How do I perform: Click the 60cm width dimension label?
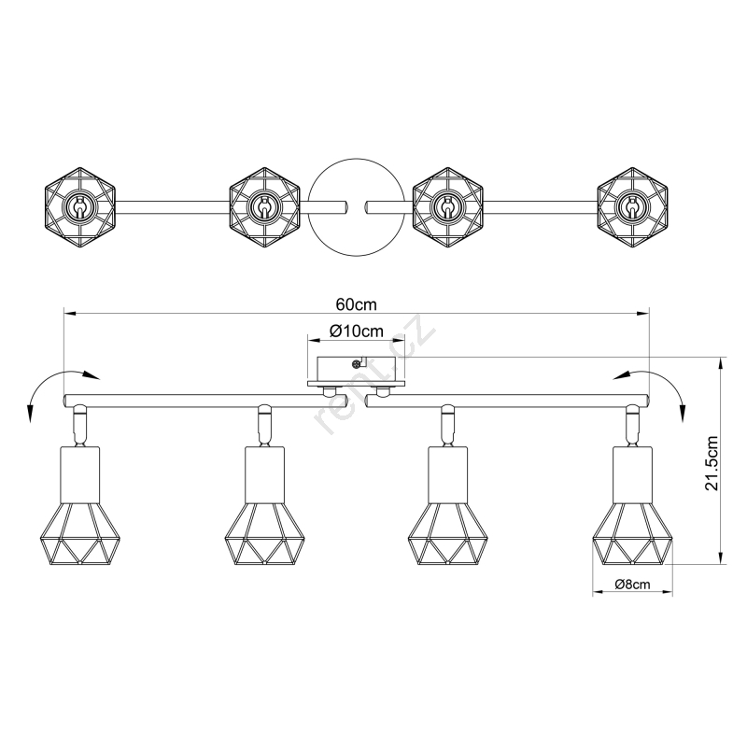point(356,304)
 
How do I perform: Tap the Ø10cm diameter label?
point(356,331)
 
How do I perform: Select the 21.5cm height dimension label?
point(712,462)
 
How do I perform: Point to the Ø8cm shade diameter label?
point(632,585)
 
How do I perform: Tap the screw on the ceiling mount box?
point(355,364)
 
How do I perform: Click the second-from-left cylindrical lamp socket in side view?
point(264,474)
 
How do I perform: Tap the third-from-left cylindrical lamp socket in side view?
point(448,474)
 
